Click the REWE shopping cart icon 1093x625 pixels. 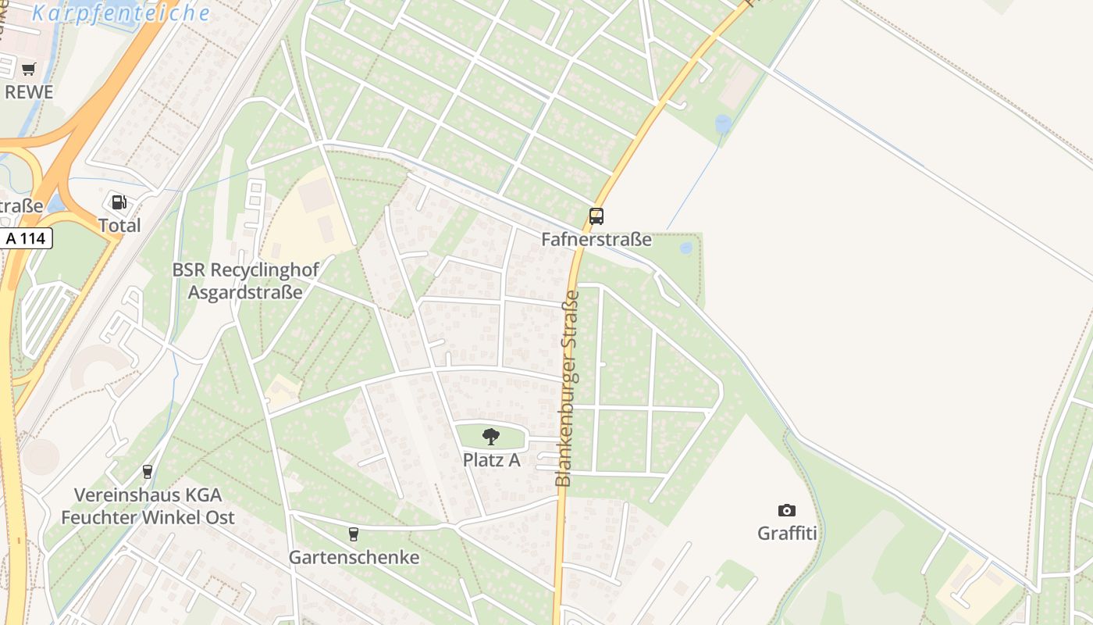click(x=29, y=69)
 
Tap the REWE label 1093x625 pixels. click(x=29, y=92)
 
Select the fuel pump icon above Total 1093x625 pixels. click(x=119, y=203)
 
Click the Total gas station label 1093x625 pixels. click(x=119, y=226)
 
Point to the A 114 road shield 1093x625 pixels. click(x=27, y=238)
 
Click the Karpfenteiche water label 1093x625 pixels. click(x=122, y=13)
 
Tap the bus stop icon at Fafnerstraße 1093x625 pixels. click(x=596, y=216)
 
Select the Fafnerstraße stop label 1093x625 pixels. click(x=596, y=239)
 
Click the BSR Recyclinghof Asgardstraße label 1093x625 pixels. click(x=246, y=281)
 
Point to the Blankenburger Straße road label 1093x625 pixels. click(x=568, y=388)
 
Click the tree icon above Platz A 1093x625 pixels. click(x=491, y=437)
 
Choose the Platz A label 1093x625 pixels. click(x=491, y=459)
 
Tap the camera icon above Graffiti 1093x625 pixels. click(x=787, y=511)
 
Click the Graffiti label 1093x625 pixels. click(x=787, y=534)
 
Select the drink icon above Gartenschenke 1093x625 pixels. click(x=354, y=534)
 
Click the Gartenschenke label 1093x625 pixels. click(x=354, y=557)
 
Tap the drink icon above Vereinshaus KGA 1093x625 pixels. click(x=148, y=472)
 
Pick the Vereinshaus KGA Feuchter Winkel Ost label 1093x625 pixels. click(x=148, y=505)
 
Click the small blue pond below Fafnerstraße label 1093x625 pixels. click(x=686, y=248)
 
